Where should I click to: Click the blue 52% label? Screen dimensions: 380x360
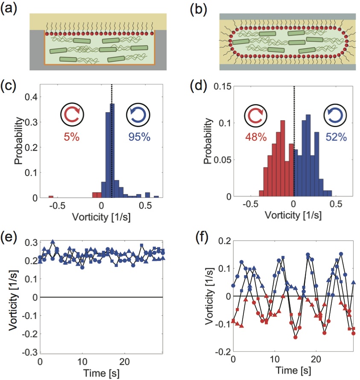330,138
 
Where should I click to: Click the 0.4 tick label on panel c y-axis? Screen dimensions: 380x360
31,98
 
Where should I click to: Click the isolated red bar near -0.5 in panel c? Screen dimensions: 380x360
51,197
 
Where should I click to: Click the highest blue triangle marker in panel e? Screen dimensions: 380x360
53,242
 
